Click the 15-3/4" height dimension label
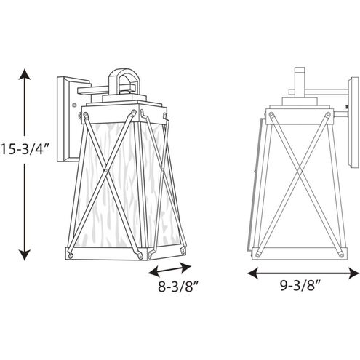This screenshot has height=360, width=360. [25, 149]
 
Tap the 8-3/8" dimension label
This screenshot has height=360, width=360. [178, 287]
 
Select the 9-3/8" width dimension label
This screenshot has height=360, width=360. [300, 286]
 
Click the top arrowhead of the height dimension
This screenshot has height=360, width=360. [25, 74]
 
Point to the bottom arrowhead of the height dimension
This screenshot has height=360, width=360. [25, 255]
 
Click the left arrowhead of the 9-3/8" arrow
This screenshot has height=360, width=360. [252, 273]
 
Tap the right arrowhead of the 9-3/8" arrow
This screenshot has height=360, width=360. [353, 273]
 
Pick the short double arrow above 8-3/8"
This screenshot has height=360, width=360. [169, 270]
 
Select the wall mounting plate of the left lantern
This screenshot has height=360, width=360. [66, 120]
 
